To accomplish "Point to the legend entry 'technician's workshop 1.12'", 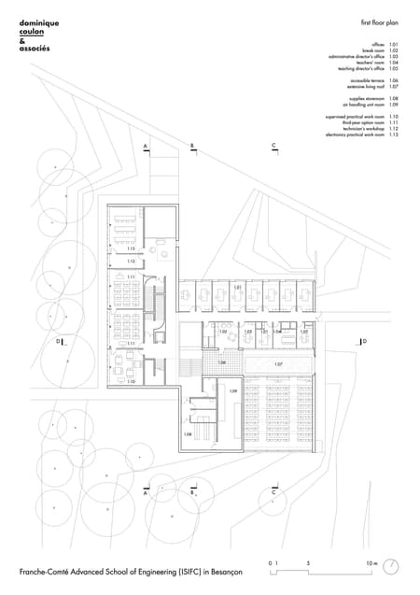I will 370,129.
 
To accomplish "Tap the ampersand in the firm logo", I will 21,39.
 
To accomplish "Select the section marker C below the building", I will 273,491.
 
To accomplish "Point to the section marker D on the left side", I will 58,343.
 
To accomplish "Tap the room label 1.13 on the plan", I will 132,248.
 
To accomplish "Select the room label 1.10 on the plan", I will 132,381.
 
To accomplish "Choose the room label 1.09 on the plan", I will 233,390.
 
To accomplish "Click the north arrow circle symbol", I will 393,566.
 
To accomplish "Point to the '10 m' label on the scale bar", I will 371,563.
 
